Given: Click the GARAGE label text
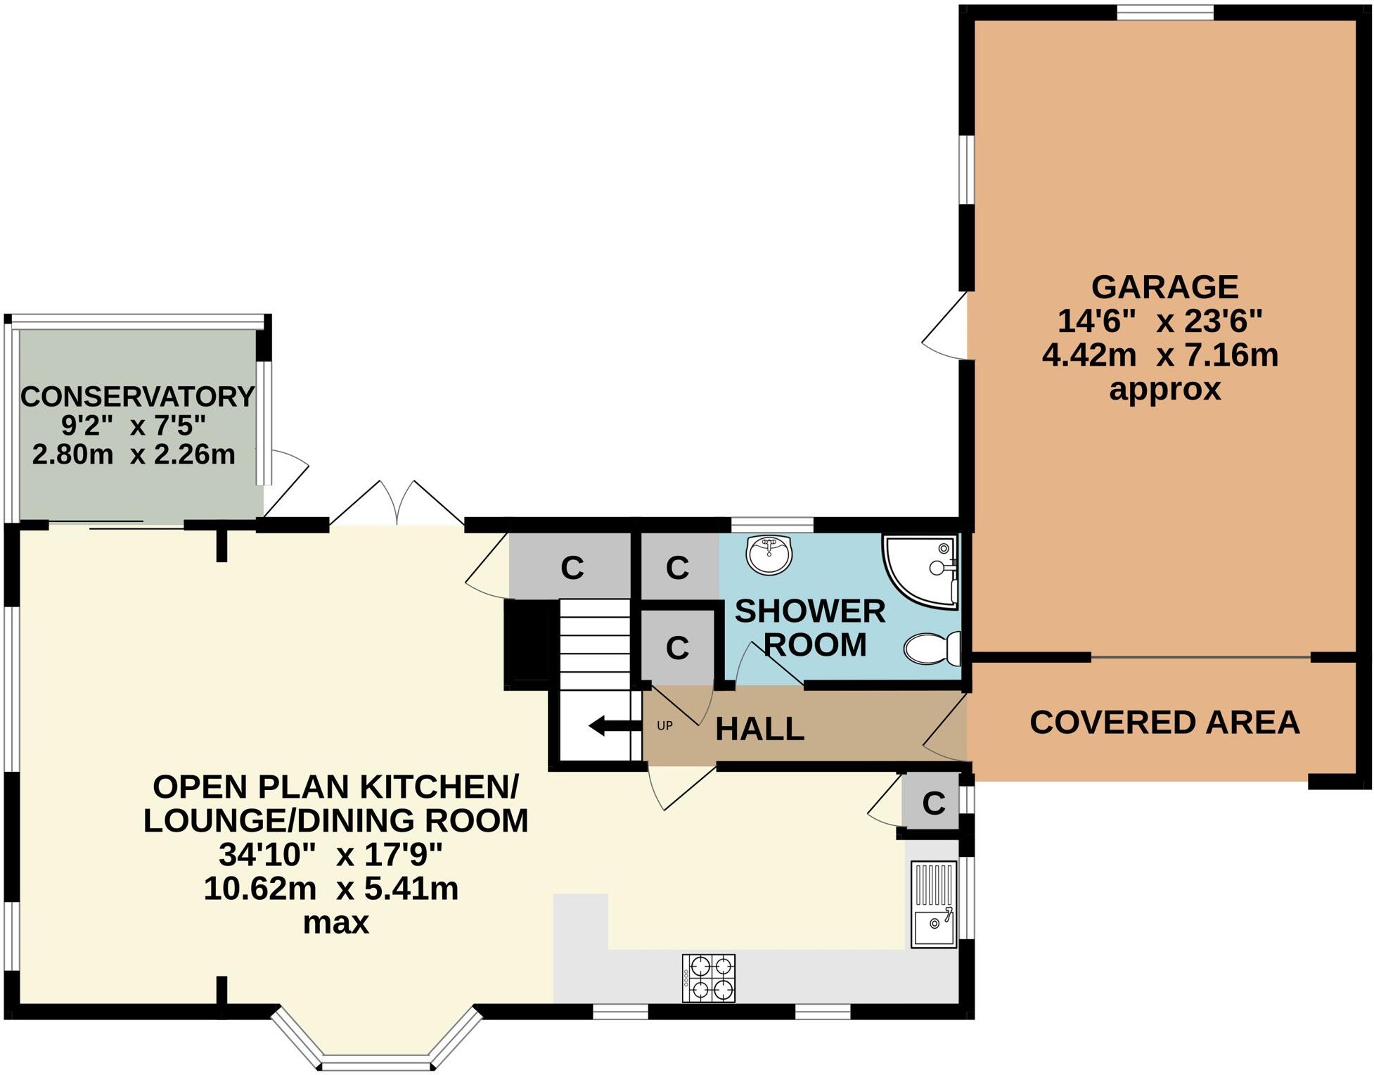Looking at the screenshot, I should [x=1164, y=287].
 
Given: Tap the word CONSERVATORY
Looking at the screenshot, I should [x=137, y=397].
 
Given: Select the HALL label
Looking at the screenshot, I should [x=759, y=730].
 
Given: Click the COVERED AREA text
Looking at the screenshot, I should [x=1164, y=723].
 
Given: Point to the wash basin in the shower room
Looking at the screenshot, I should [x=769, y=554].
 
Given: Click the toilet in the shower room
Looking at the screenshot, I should [x=932, y=648].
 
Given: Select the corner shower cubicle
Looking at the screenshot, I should [x=921, y=568].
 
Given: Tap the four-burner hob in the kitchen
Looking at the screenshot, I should [x=709, y=978].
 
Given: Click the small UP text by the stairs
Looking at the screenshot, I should [x=664, y=725].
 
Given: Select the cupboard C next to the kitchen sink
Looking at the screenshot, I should [x=932, y=803].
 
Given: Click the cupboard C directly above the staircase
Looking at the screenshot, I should [x=572, y=567].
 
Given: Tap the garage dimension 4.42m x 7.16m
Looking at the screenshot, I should [x=1160, y=355].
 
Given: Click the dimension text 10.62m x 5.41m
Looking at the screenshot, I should [x=331, y=889].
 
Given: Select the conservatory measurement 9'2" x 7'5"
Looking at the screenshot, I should [x=134, y=426].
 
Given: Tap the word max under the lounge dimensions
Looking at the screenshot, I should [x=335, y=922].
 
